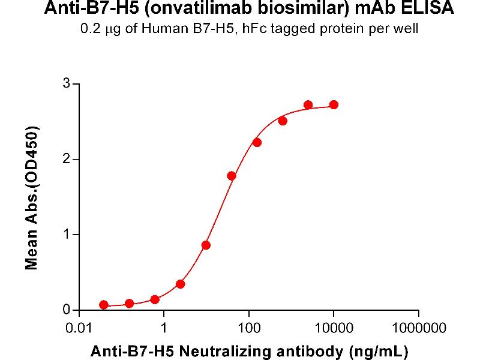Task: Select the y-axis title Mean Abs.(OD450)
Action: point(32,198)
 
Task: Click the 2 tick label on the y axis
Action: point(67,159)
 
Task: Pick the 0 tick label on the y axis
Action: point(67,310)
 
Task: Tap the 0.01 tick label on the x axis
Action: point(79,329)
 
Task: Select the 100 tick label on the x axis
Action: point(248,329)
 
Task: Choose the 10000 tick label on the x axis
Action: point(334,329)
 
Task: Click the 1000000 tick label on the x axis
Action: point(419,329)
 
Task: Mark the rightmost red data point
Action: point(334,105)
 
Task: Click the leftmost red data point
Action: point(104,305)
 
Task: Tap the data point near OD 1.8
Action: point(232,176)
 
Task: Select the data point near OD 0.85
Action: point(206,245)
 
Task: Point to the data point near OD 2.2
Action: point(257,142)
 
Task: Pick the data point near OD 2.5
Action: point(283,121)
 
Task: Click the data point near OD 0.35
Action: point(181,284)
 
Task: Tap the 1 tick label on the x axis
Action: point(164,329)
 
